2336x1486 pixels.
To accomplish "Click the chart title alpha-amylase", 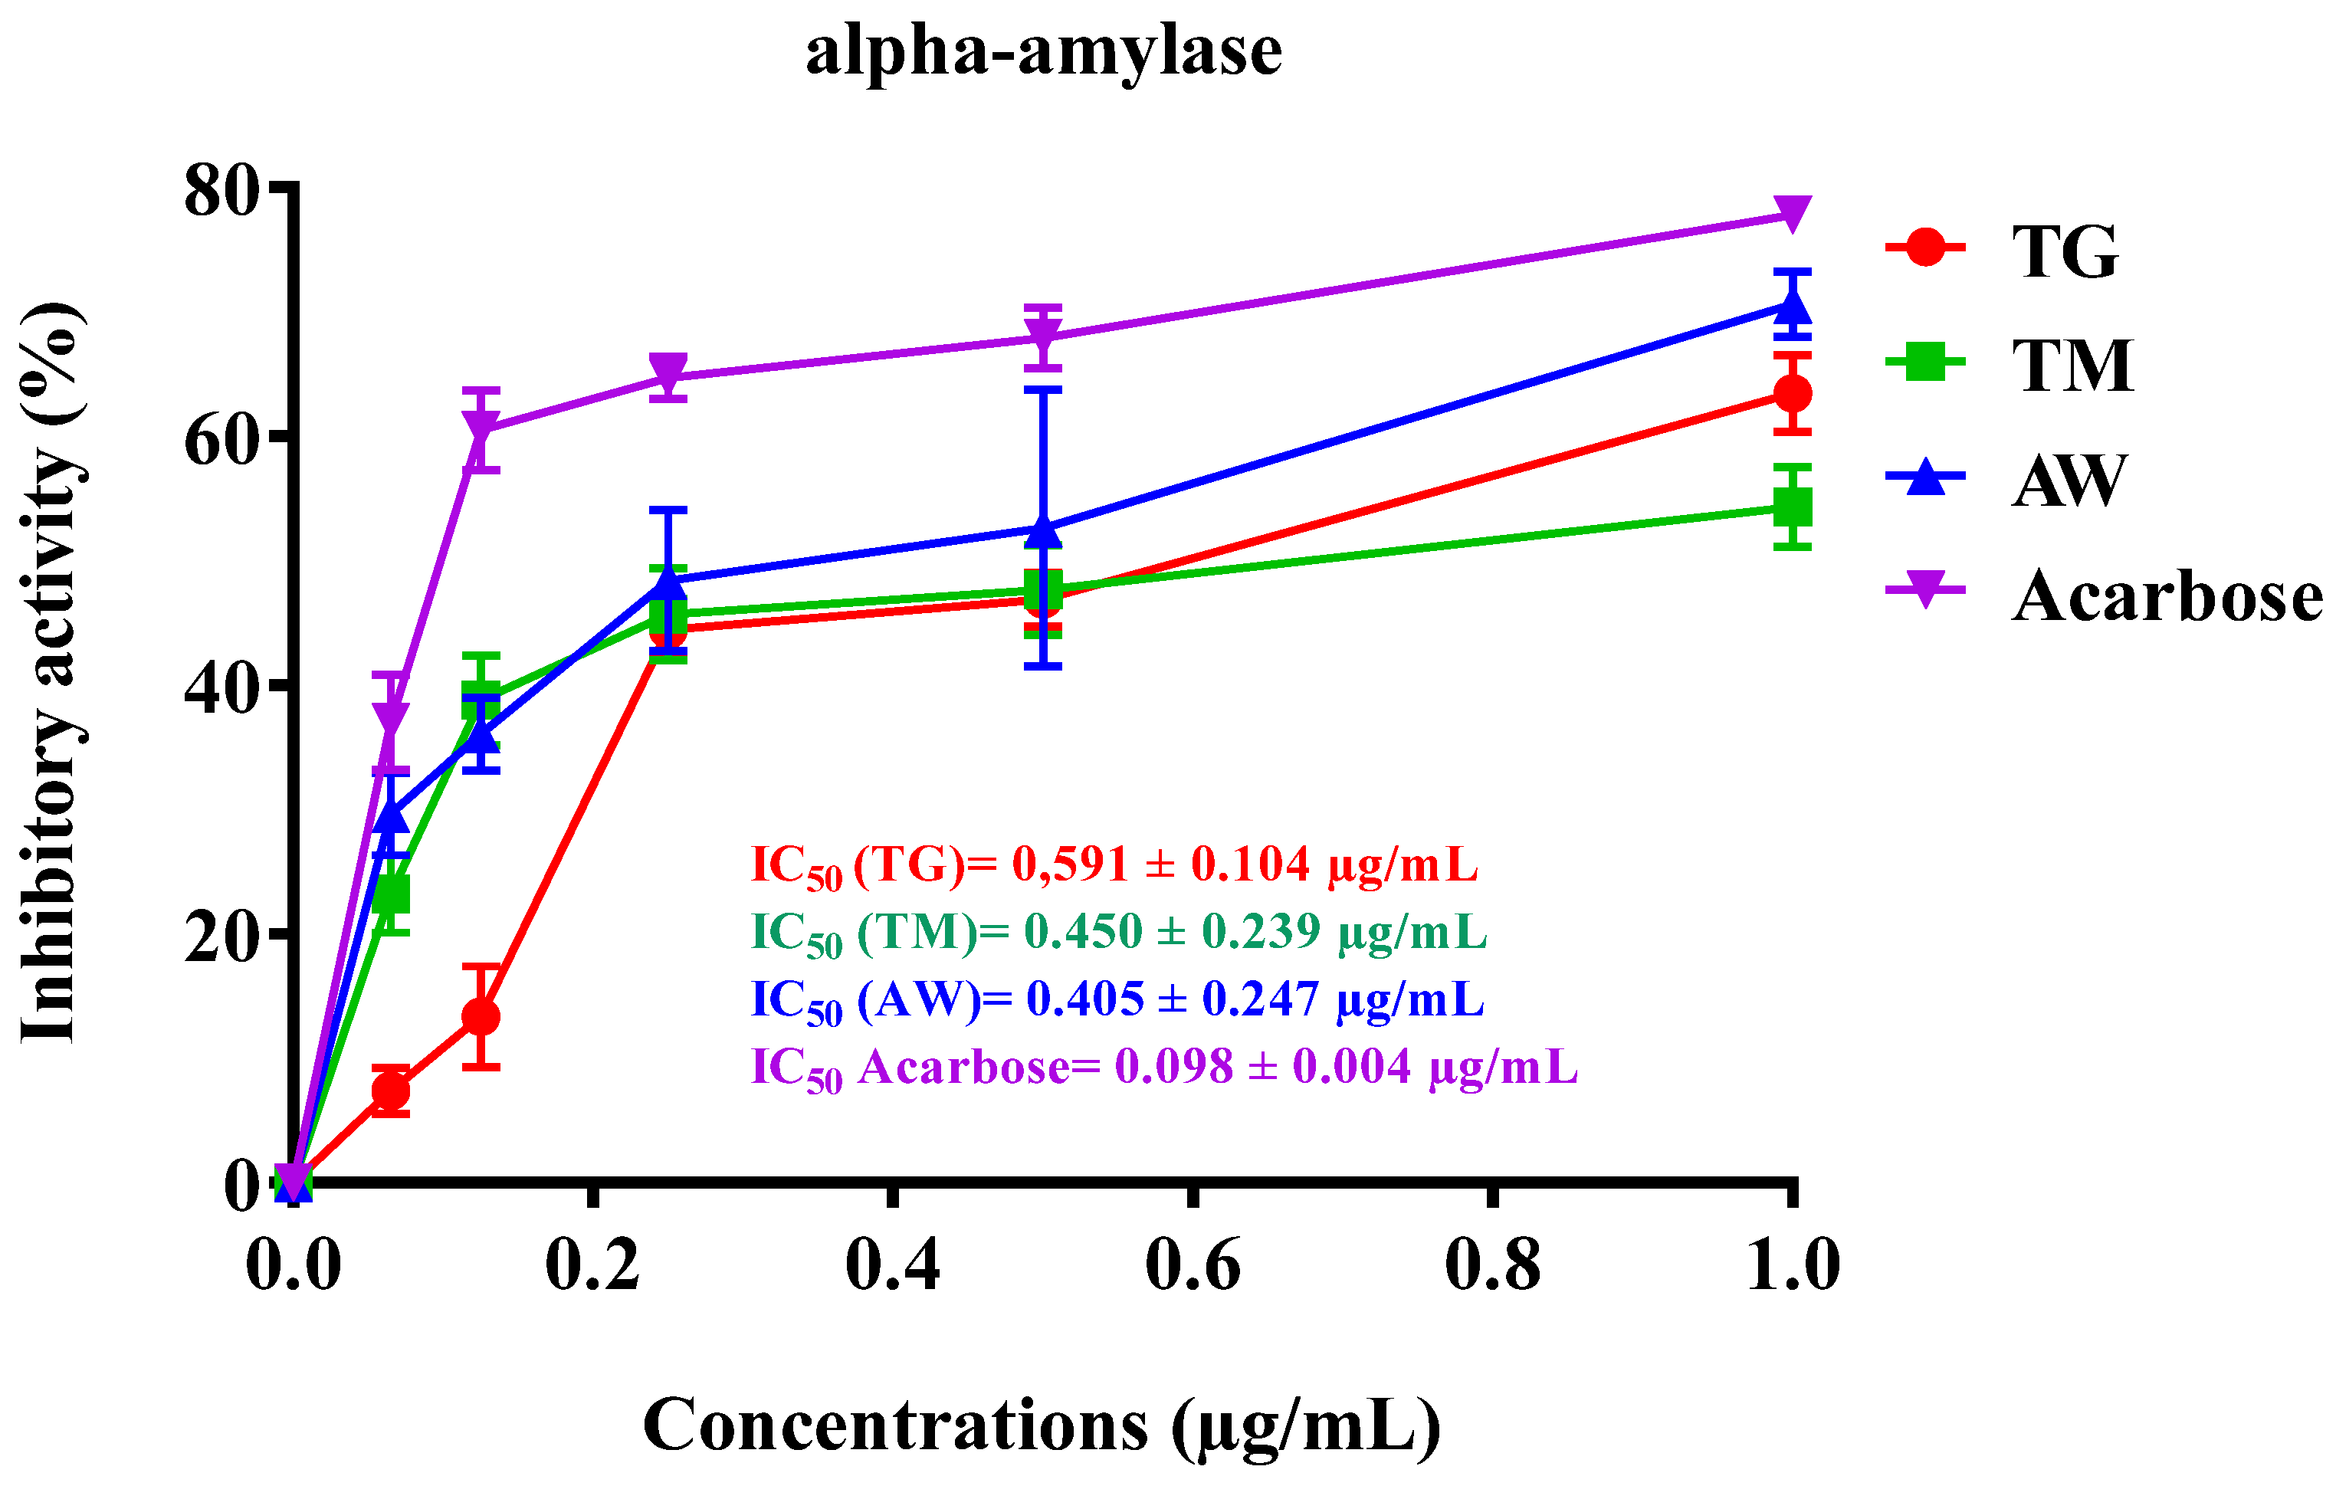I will tap(1044, 51).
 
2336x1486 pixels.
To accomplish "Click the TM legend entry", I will tap(2072, 365).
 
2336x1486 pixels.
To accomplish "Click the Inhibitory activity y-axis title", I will tap(51, 671).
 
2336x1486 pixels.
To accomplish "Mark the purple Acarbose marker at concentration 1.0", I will tap(1792, 212).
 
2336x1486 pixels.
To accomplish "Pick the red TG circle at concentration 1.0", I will tap(1792, 393).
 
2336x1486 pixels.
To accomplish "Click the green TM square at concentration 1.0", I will tap(1792, 507).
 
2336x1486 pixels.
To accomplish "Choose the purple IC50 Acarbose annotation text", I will tap(1164, 1067).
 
